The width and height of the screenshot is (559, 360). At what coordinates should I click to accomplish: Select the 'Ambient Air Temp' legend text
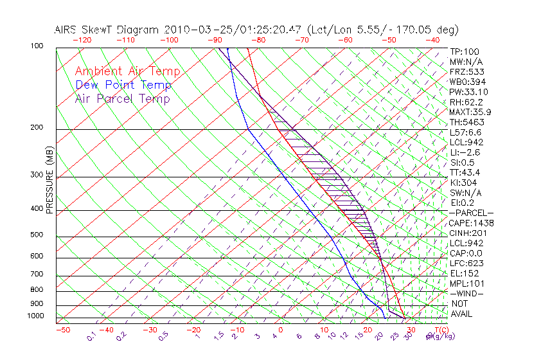point(127,71)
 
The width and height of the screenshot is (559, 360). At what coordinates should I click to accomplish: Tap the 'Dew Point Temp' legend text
point(123,85)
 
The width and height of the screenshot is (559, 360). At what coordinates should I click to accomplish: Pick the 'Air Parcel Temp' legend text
point(123,98)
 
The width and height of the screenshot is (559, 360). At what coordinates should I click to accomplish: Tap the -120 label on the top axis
point(82,40)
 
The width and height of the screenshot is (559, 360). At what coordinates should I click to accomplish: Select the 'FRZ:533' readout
point(465,71)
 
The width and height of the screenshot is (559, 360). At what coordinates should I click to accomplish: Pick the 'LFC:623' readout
point(466,263)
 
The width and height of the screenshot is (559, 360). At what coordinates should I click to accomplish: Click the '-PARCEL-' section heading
point(471,213)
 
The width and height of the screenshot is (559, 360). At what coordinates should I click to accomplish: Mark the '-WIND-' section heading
point(466,293)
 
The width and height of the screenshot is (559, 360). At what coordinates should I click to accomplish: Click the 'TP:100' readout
point(464,51)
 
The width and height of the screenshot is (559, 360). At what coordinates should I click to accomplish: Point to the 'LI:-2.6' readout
point(465,152)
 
